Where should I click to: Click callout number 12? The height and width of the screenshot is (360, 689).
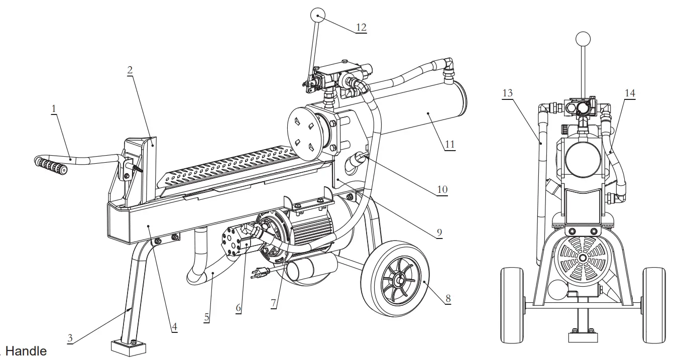point(361,27)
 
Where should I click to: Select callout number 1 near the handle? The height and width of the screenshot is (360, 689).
point(54,109)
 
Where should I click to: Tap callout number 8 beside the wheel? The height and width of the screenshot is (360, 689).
point(447,299)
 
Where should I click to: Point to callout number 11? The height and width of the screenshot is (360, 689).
point(449,144)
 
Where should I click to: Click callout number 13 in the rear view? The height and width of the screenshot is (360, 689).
point(507,93)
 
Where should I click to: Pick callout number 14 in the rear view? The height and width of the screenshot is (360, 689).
point(630,93)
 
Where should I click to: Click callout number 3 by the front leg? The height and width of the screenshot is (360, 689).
point(70,338)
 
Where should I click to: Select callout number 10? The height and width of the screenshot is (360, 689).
point(442,190)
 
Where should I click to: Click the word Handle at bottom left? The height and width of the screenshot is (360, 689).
point(26,352)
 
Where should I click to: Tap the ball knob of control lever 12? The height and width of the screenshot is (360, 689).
point(317,16)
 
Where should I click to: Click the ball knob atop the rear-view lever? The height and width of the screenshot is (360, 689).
point(583,39)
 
